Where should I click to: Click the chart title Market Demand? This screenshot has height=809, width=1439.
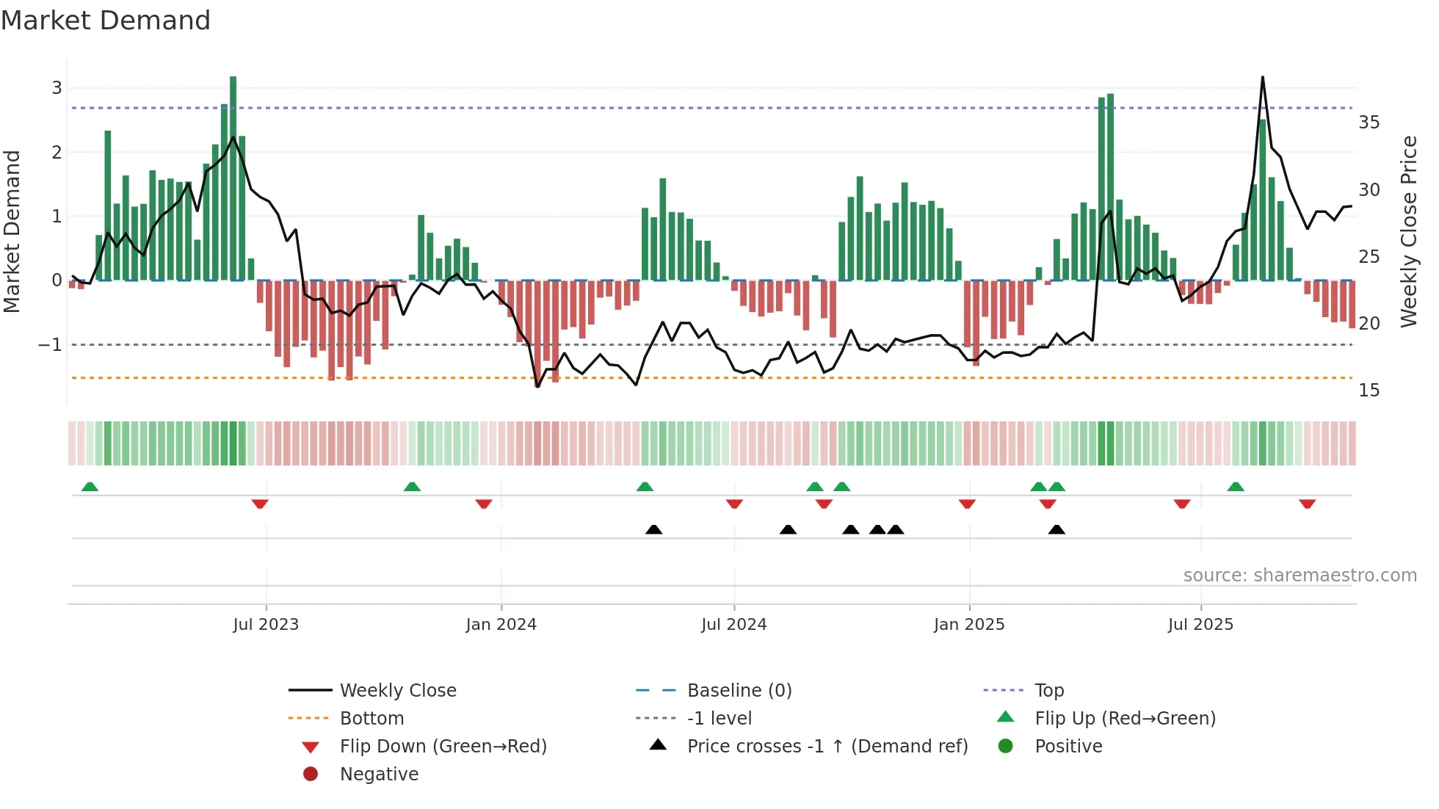point(106,21)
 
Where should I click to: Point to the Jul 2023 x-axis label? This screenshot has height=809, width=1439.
point(266,625)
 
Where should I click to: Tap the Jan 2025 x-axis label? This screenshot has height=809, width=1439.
point(969,625)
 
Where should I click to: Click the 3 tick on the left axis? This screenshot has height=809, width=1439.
point(57,88)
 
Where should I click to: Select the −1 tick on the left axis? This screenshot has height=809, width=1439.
point(50,344)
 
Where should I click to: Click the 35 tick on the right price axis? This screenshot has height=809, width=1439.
point(1369,123)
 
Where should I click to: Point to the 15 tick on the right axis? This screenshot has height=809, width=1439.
point(1369,391)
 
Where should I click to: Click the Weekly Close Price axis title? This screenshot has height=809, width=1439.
point(1408,231)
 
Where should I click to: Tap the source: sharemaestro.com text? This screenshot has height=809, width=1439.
point(1300,576)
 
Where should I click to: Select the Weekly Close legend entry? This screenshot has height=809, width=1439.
point(397,691)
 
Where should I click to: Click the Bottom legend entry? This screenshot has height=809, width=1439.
point(371,719)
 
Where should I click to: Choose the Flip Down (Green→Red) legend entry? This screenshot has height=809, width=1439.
point(443,747)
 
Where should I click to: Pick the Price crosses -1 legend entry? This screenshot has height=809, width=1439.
point(827,747)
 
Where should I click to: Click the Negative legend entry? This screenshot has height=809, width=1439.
point(379,774)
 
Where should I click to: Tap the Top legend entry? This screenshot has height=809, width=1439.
point(1049,691)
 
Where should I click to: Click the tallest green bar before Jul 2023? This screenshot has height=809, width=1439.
point(233,176)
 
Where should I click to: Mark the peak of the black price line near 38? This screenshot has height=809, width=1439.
point(1263,77)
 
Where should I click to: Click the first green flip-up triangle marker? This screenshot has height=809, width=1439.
point(90,487)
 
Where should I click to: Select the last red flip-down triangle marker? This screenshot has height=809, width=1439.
point(1307,504)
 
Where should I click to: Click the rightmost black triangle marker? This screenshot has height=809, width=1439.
point(1056,529)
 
